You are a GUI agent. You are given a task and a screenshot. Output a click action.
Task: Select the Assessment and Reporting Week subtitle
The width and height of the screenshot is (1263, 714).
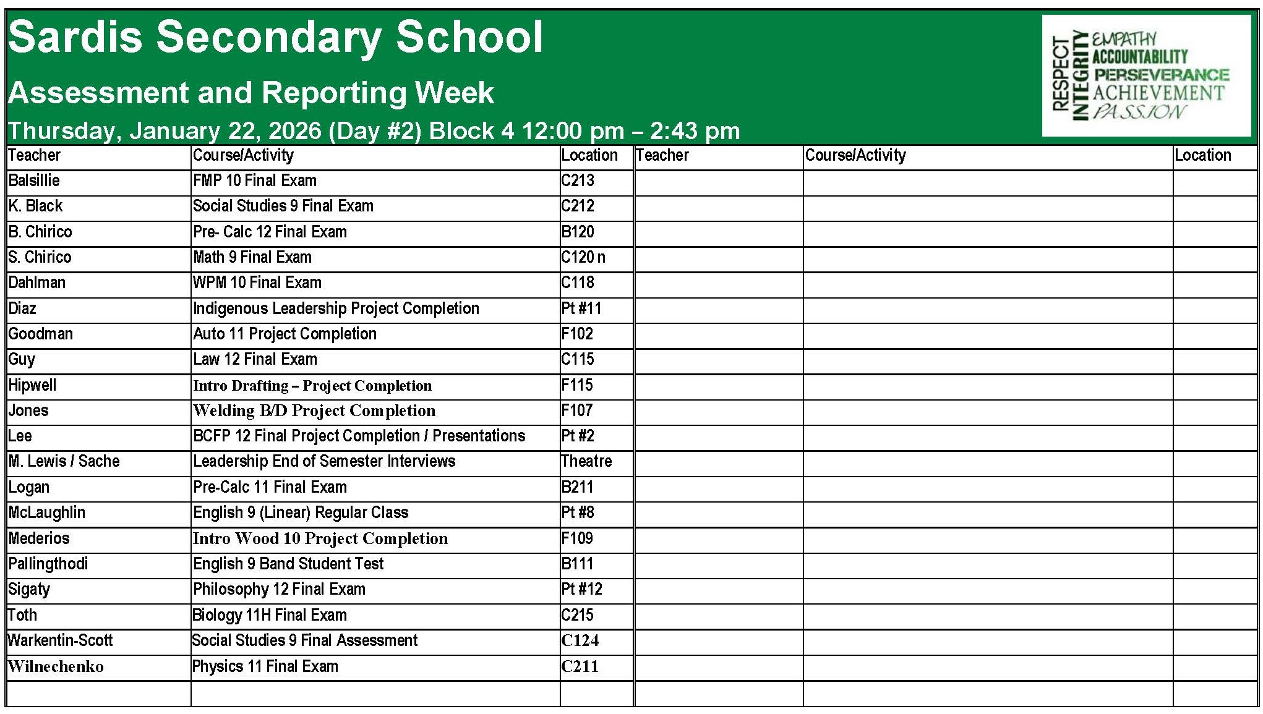[250, 93]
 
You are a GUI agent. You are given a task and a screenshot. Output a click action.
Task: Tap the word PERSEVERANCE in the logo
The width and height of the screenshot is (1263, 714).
[1161, 75]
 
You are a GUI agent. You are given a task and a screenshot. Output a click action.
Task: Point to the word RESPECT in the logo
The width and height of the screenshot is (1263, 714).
[1060, 74]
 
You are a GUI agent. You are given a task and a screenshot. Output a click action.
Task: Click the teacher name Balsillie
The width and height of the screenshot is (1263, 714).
[34, 181]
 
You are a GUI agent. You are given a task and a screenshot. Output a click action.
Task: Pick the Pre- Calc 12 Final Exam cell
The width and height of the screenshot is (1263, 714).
[270, 232]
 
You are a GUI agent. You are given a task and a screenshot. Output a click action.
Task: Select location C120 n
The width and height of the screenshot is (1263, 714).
[583, 257]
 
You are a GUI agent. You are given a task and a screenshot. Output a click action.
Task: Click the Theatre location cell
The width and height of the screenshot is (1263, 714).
[586, 461]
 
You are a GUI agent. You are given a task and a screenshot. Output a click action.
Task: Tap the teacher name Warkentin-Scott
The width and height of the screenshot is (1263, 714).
[60, 640]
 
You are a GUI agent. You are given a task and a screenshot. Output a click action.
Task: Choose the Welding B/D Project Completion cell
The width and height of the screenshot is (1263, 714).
[314, 410]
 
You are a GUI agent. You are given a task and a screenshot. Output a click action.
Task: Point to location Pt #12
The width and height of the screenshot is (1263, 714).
[581, 589]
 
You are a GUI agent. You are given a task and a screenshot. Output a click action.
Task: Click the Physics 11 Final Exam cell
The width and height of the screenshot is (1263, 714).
[265, 666]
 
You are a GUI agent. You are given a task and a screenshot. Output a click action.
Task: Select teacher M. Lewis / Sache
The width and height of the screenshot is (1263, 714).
[64, 461]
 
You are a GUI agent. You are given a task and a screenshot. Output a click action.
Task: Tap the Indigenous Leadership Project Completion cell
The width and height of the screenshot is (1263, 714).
[336, 308]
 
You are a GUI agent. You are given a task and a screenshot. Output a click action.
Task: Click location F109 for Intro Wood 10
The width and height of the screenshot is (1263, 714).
[576, 538]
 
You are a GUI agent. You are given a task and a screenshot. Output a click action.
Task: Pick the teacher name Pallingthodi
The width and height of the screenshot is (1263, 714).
[48, 564]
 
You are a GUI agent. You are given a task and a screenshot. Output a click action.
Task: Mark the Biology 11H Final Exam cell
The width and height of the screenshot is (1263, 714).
[270, 615]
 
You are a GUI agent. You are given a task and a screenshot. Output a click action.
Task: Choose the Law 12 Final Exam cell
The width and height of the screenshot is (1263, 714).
[255, 359]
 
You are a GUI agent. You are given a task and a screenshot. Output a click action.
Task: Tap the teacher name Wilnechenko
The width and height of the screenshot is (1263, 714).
[56, 666]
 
